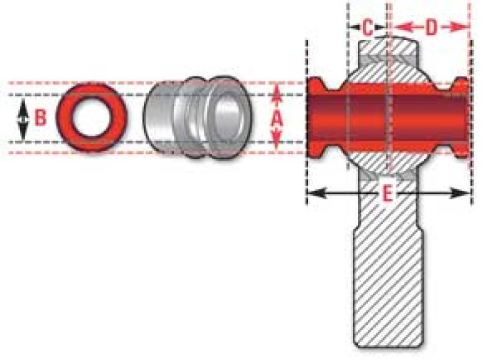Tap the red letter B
click(x=40, y=118)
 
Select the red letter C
click(x=367, y=28)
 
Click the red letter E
click(x=386, y=194)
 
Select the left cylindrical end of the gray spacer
click(x=158, y=119)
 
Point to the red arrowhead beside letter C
click(x=354, y=27)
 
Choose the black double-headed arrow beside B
click(x=23, y=119)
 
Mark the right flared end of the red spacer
click(x=461, y=118)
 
